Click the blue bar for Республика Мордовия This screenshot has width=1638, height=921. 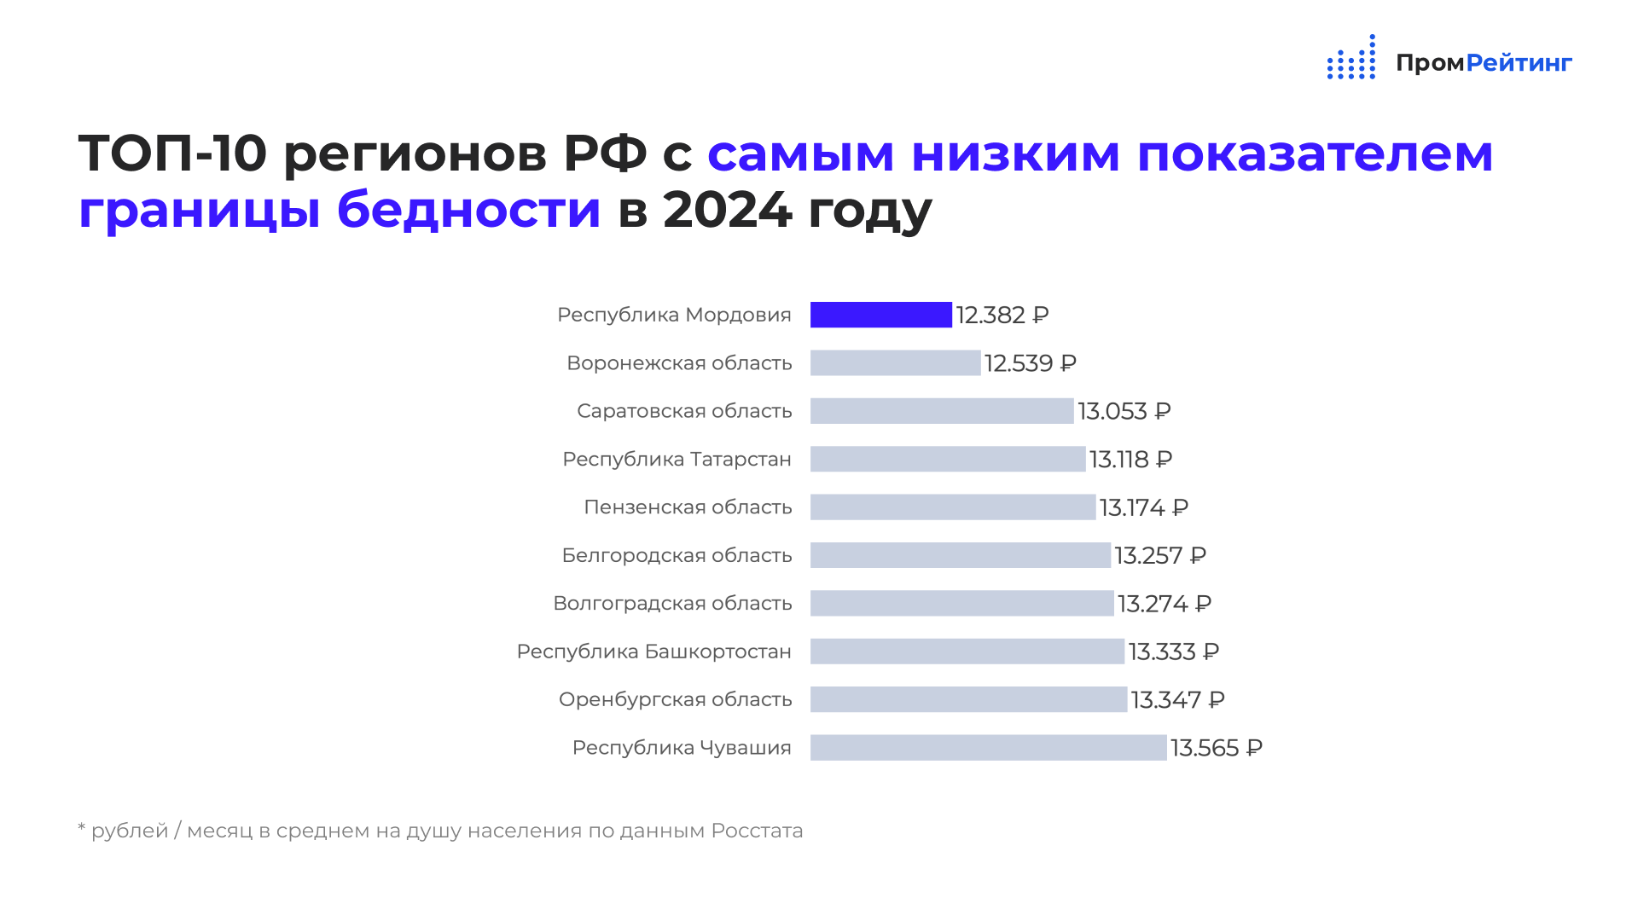(x=880, y=315)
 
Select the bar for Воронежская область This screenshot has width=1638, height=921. (x=895, y=362)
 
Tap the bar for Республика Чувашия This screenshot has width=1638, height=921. (x=988, y=747)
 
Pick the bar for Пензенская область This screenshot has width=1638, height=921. (x=953, y=507)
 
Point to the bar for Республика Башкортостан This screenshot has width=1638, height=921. (x=967, y=651)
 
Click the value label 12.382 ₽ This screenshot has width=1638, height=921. (x=1002, y=316)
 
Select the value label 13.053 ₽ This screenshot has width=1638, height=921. (x=1124, y=411)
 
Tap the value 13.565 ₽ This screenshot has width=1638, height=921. (x=1217, y=748)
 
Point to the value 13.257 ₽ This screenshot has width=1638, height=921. (x=1160, y=555)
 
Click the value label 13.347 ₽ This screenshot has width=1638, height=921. (x=1178, y=700)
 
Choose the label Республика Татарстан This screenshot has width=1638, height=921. (x=677, y=460)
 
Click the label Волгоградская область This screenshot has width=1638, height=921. (x=672, y=604)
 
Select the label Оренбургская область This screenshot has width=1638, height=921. (x=675, y=700)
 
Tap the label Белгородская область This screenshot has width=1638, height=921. (x=677, y=556)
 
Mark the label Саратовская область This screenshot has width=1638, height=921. (x=684, y=411)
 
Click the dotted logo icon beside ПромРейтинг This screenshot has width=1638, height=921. (x=1351, y=57)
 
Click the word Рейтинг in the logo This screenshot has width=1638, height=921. (x=1519, y=63)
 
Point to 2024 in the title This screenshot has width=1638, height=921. (x=727, y=210)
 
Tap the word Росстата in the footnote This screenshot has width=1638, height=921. (x=757, y=831)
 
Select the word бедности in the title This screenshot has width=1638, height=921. (x=469, y=209)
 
